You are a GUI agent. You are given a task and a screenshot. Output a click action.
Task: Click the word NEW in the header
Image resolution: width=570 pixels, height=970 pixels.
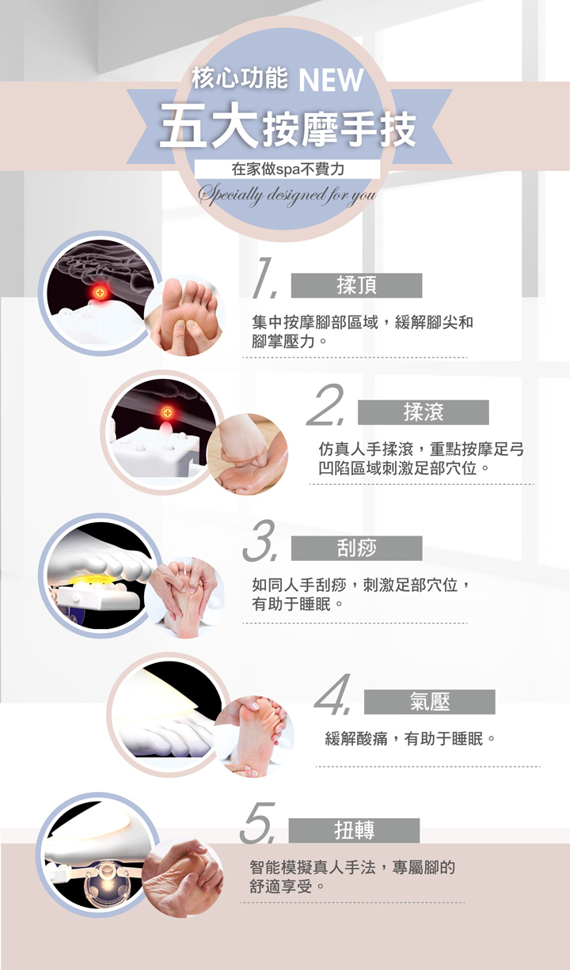(331, 80)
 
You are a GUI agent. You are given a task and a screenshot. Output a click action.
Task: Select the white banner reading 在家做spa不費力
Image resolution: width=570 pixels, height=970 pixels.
(287, 169)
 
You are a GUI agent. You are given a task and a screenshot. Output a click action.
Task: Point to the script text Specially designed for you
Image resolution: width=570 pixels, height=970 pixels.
(287, 195)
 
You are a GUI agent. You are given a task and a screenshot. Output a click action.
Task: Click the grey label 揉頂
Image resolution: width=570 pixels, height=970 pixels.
(356, 286)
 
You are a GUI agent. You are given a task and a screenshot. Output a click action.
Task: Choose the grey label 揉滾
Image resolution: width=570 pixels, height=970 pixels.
(423, 412)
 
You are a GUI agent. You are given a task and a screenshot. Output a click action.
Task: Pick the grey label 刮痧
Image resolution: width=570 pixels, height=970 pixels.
(356, 548)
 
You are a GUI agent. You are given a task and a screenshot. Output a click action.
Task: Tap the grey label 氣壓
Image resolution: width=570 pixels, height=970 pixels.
(429, 702)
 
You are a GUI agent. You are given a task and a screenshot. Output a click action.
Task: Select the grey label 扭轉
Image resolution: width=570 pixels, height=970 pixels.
(354, 831)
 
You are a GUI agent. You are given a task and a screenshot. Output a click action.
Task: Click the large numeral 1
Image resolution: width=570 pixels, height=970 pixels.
(264, 278)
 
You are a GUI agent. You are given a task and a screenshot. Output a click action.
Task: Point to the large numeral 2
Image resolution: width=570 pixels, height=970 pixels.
(326, 404)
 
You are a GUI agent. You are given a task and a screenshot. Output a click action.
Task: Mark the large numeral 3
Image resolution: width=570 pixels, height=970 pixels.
(260, 540)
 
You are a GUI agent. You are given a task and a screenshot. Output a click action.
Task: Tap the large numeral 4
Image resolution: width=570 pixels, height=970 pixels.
(332, 694)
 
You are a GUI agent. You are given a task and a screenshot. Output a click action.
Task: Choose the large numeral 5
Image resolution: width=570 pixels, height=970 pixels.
(258, 822)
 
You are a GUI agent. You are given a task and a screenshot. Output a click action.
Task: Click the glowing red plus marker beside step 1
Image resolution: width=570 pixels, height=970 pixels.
(100, 292)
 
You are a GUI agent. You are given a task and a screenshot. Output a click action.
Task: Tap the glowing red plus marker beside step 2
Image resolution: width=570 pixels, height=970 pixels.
(167, 412)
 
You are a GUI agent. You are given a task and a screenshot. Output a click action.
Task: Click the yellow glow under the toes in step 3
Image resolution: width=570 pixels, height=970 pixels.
(89, 580)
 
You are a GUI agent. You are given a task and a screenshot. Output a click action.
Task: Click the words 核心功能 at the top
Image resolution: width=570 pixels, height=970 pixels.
(239, 79)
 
